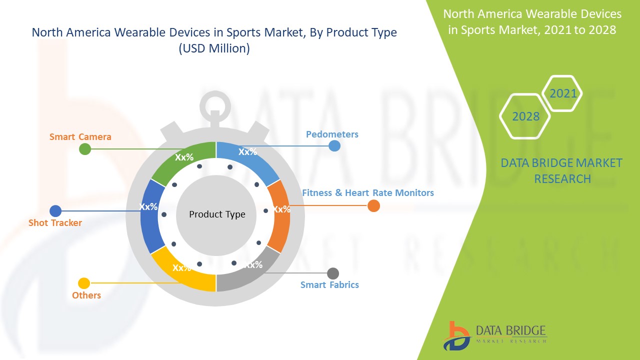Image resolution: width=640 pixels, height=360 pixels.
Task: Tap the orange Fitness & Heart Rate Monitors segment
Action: (x=279, y=215)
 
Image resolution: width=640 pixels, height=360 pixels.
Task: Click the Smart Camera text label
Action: (x=80, y=136)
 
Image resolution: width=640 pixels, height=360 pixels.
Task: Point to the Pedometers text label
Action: (x=332, y=134)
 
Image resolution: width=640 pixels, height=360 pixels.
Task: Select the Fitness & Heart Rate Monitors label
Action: (x=367, y=192)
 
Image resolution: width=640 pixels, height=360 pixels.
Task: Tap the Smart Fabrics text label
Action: (x=329, y=284)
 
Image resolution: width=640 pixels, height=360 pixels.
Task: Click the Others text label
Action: (x=86, y=295)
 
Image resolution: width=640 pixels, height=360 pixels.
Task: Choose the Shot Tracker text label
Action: (x=55, y=222)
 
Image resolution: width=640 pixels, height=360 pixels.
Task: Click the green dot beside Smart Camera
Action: (x=85, y=148)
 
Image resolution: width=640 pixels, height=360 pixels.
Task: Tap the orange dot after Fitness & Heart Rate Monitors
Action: (x=373, y=205)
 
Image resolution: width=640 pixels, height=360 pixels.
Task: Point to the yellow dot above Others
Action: (x=84, y=283)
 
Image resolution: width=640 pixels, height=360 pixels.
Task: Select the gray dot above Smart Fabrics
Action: (x=332, y=273)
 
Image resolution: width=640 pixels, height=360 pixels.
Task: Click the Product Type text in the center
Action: (x=217, y=214)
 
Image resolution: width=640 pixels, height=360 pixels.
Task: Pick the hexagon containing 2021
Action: (x=562, y=93)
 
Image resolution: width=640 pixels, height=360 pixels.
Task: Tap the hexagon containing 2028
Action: (x=525, y=116)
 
